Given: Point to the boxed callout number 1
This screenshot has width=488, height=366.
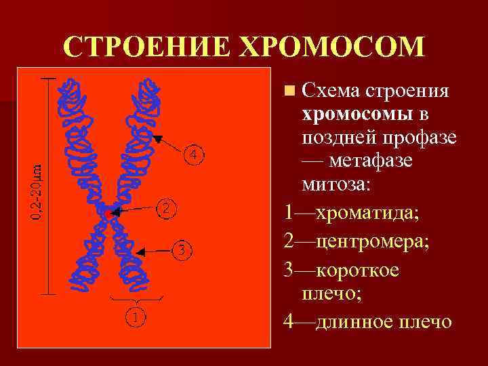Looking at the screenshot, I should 136,316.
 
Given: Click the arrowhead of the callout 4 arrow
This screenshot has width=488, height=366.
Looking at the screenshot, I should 157,139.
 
